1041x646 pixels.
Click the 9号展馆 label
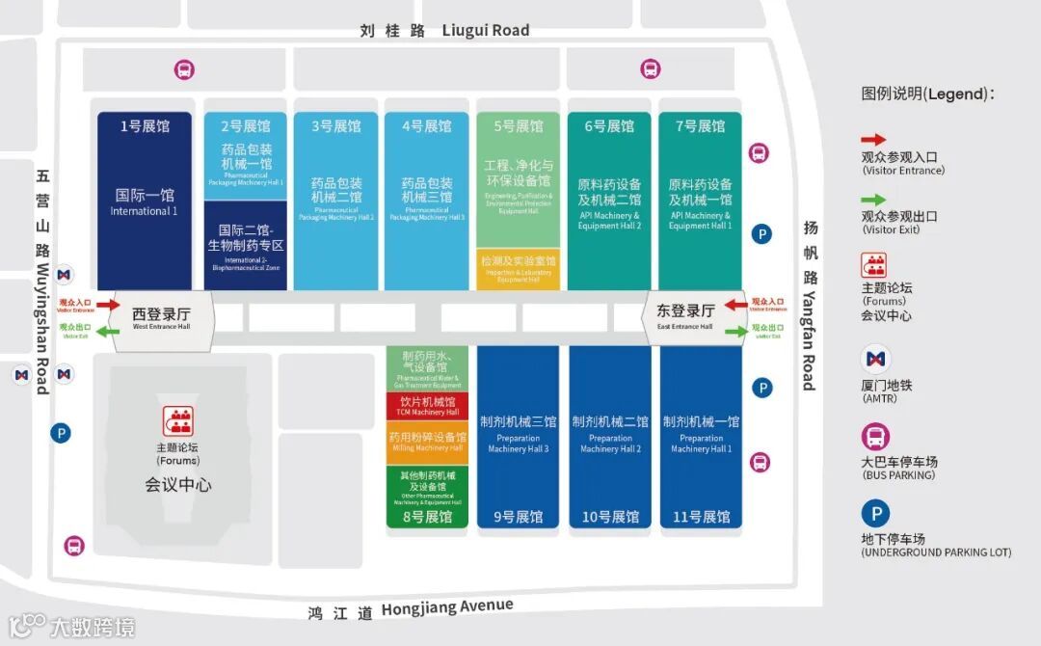tap(518, 517)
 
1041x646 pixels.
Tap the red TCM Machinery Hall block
tap(428, 406)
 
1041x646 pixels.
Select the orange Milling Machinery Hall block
tap(428, 441)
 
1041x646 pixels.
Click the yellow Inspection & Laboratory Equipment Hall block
tap(518, 268)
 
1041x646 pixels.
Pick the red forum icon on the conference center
tap(177, 421)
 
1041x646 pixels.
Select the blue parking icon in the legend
tap(875, 513)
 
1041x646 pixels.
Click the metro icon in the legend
tap(875, 361)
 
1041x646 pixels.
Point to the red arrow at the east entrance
tap(736, 306)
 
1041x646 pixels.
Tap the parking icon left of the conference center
tap(62, 434)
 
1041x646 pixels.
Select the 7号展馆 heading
tap(700, 126)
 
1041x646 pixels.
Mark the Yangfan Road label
tap(810, 305)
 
